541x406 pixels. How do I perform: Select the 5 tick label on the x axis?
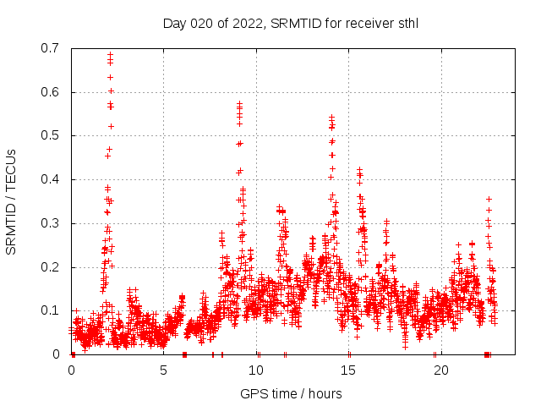pyautogui.click(x=164, y=370)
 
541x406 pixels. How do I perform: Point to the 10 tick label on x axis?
pyautogui.click(x=256, y=370)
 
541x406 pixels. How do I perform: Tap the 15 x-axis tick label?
pyautogui.click(x=349, y=370)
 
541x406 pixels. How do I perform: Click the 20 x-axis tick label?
pyautogui.click(x=441, y=370)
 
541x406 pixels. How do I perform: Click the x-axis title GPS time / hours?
pyautogui.click(x=291, y=393)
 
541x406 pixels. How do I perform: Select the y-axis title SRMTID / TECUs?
pyautogui.click(x=12, y=201)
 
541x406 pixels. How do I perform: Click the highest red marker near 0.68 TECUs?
pyautogui.click(x=110, y=55)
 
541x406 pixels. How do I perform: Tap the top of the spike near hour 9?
pyautogui.click(x=239, y=104)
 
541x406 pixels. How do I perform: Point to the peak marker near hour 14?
pyautogui.click(x=331, y=117)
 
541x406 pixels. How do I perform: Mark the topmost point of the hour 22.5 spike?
pyautogui.click(x=489, y=199)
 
